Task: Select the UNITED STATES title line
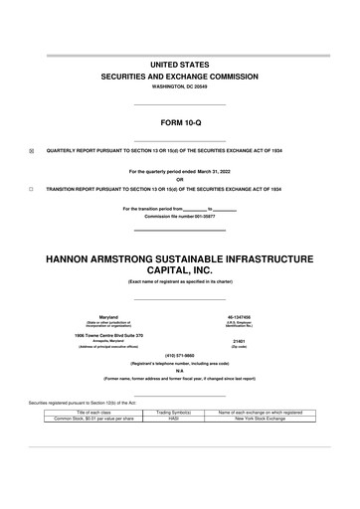click(x=179, y=64)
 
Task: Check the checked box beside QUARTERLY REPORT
click(x=31, y=151)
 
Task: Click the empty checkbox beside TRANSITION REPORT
click(x=31, y=188)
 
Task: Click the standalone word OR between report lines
click(x=179, y=180)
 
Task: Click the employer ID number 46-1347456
click(x=245, y=317)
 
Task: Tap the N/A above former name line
click(x=179, y=371)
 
